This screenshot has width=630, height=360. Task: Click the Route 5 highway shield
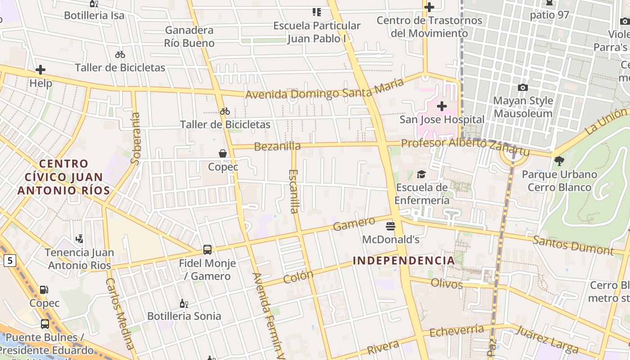click(x=9, y=260)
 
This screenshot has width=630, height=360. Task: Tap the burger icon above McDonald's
click(x=390, y=226)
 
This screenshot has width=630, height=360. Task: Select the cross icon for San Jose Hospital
click(x=442, y=106)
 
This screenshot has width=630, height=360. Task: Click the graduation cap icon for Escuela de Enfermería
click(x=421, y=174)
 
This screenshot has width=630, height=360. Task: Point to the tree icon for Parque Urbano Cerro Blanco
click(x=559, y=161)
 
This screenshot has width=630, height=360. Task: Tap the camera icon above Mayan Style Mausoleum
click(x=522, y=87)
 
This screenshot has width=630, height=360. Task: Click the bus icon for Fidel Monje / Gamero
click(x=207, y=249)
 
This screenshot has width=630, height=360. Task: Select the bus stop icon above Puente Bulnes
click(x=45, y=324)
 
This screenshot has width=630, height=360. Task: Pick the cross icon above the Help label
click(x=40, y=70)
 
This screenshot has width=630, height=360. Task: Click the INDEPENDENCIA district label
click(x=404, y=261)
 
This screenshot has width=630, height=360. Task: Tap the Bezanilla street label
click(x=277, y=146)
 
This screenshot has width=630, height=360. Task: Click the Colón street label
click(x=298, y=277)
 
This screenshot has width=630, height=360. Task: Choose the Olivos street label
click(x=446, y=283)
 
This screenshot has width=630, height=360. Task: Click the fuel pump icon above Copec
click(x=44, y=290)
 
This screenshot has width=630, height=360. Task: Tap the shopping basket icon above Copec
click(x=222, y=153)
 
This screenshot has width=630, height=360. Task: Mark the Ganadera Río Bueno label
click(x=189, y=36)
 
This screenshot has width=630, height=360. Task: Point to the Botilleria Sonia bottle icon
click(x=183, y=303)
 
